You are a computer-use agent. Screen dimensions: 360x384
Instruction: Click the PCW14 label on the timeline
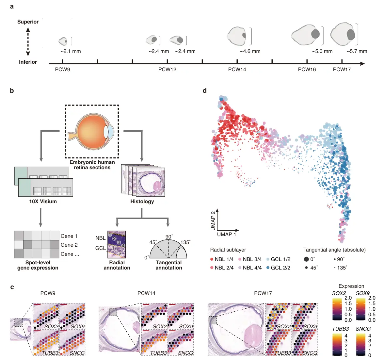tap(237, 69)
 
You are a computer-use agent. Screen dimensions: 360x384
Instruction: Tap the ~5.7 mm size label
tap(357, 51)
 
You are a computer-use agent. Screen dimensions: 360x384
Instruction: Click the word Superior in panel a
tap(28, 22)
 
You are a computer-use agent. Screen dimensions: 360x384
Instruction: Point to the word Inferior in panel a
tap(28, 62)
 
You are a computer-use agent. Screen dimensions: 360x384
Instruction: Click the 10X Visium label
tap(43, 201)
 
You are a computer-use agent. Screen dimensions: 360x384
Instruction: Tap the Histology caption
tap(142, 201)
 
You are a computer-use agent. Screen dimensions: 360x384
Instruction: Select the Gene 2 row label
tap(69, 245)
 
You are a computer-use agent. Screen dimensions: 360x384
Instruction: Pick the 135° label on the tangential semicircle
tap(185, 242)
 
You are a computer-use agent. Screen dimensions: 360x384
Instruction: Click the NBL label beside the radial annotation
tap(100, 238)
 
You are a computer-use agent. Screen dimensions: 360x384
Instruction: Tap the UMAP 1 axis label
tap(226, 234)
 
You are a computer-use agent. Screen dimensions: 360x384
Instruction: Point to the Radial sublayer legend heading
tap(228, 250)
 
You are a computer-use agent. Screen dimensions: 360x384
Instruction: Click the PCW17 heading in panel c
tap(263, 293)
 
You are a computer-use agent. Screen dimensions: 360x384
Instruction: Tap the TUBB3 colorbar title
tap(340, 329)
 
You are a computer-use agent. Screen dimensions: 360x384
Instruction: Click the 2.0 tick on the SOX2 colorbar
tap(348, 298)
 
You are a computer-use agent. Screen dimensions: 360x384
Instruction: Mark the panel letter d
tap(205, 90)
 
